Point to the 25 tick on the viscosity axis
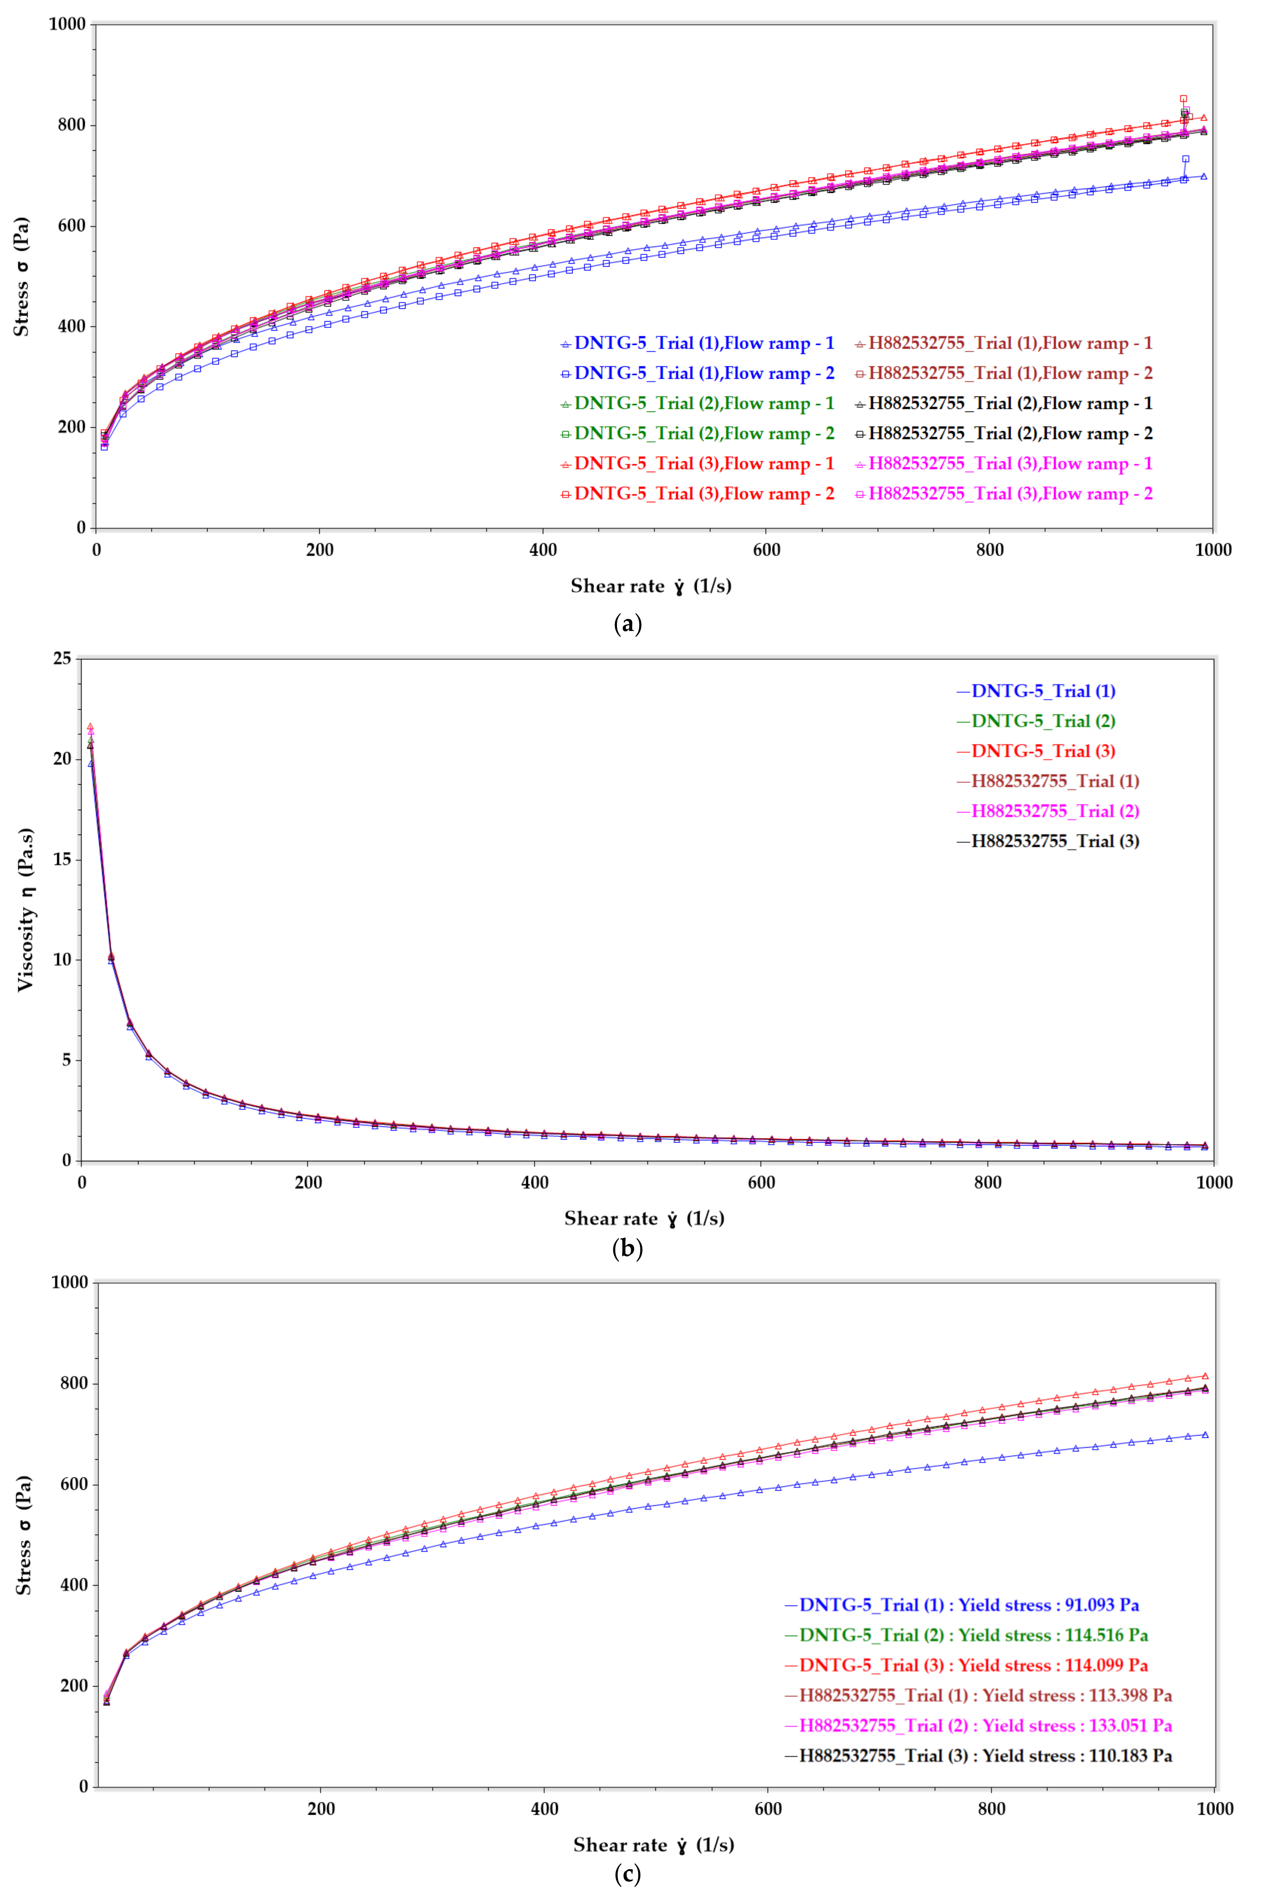62,659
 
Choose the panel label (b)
628,1249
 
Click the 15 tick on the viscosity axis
62,859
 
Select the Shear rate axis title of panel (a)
650,586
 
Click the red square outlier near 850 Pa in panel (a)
1184,99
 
